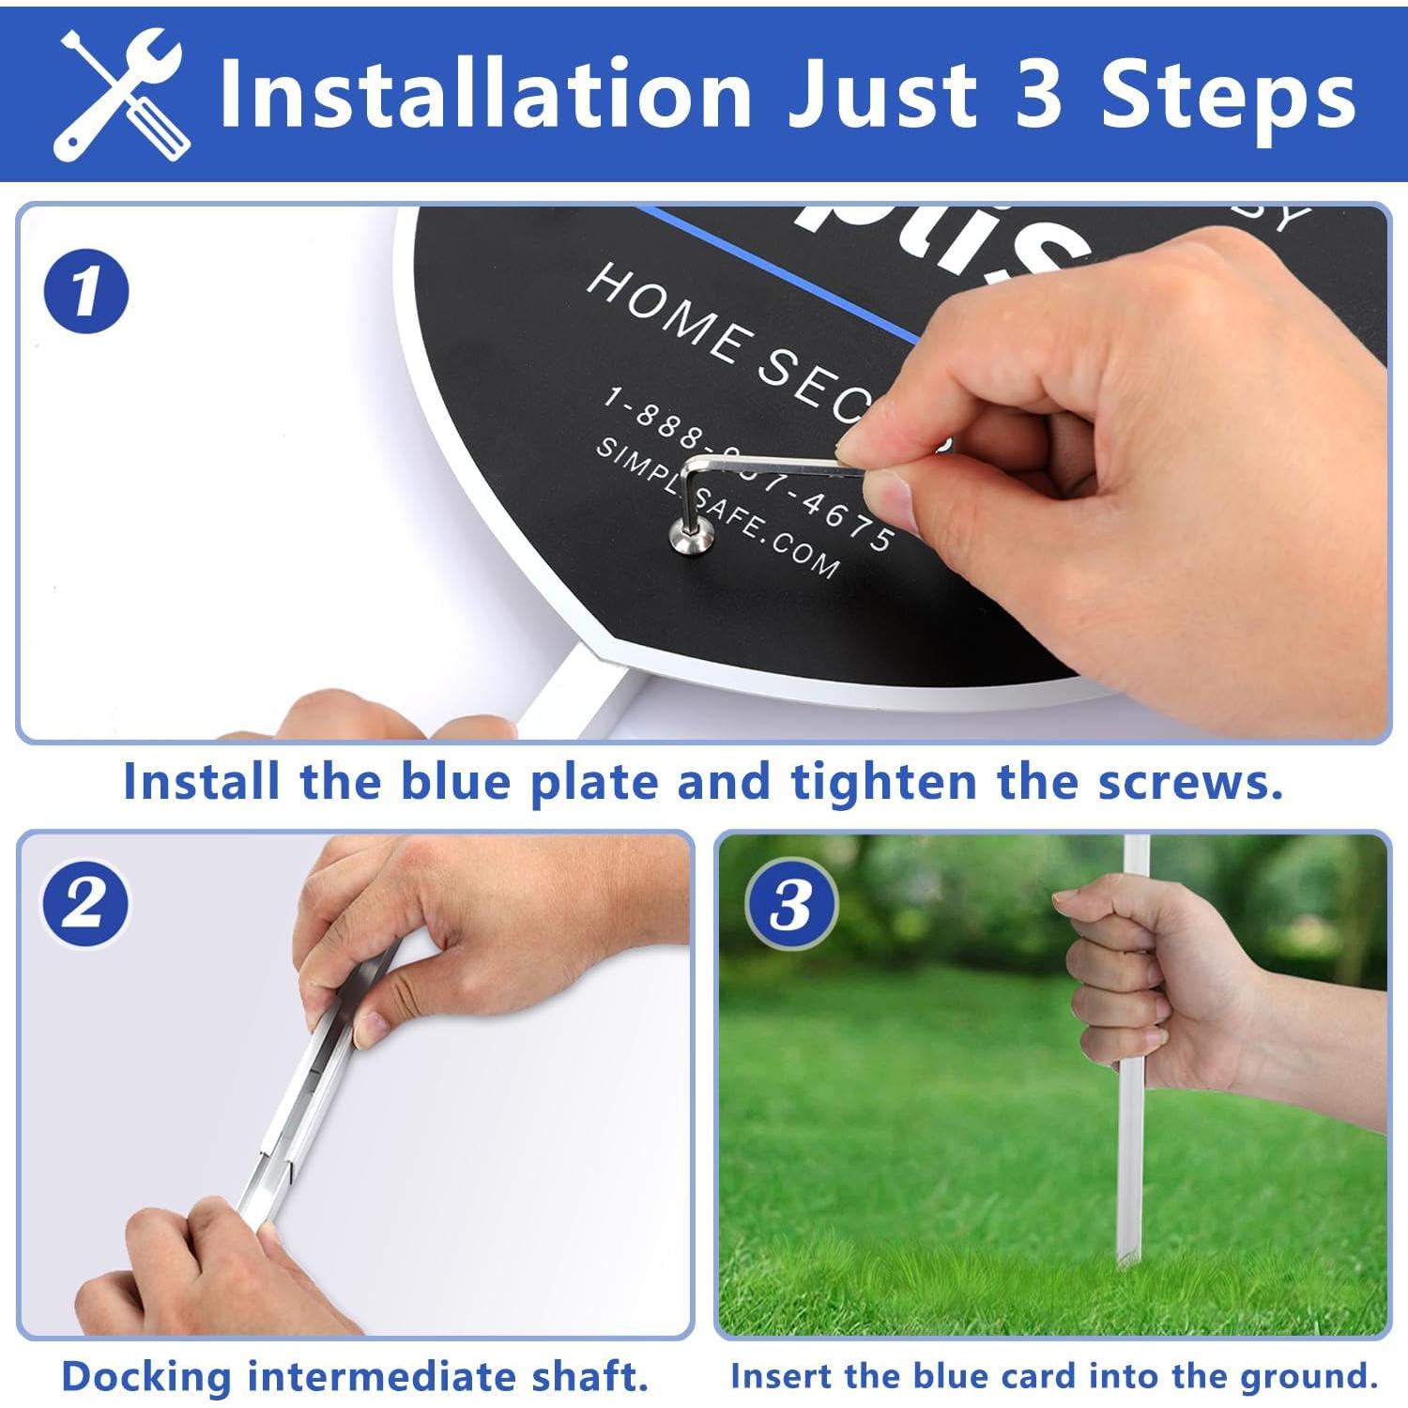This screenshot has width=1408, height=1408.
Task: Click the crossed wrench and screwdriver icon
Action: point(120,94)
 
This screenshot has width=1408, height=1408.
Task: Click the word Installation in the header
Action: point(484,94)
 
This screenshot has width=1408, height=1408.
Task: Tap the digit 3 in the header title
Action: point(1037,94)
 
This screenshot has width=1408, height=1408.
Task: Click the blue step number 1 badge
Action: point(85,290)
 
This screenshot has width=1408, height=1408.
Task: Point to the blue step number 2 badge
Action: point(84,905)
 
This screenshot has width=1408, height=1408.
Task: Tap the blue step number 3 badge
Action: point(790,905)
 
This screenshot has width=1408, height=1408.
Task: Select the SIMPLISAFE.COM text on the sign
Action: point(718,508)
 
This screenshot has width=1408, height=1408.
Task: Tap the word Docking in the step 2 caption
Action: point(145,1377)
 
